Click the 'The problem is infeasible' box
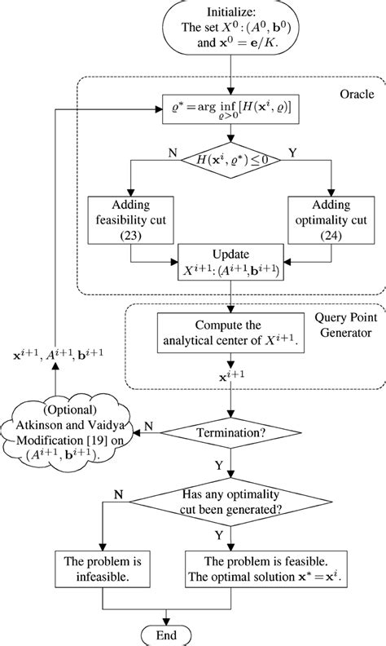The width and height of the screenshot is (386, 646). click(x=99, y=569)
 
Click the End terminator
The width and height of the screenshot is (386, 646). click(x=168, y=634)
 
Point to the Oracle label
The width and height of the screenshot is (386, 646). click(x=356, y=95)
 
